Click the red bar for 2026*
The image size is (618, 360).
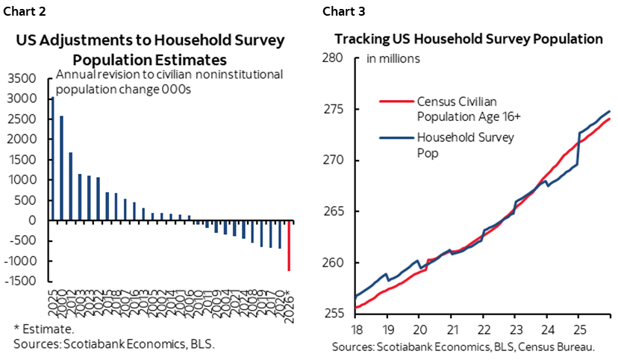pyautogui.click(x=289, y=246)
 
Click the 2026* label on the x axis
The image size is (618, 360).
pyautogui.click(x=290, y=306)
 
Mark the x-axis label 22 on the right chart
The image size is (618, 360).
pyautogui.click(x=482, y=328)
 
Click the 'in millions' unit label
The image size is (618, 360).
pyautogui.click(x=393, y=58)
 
